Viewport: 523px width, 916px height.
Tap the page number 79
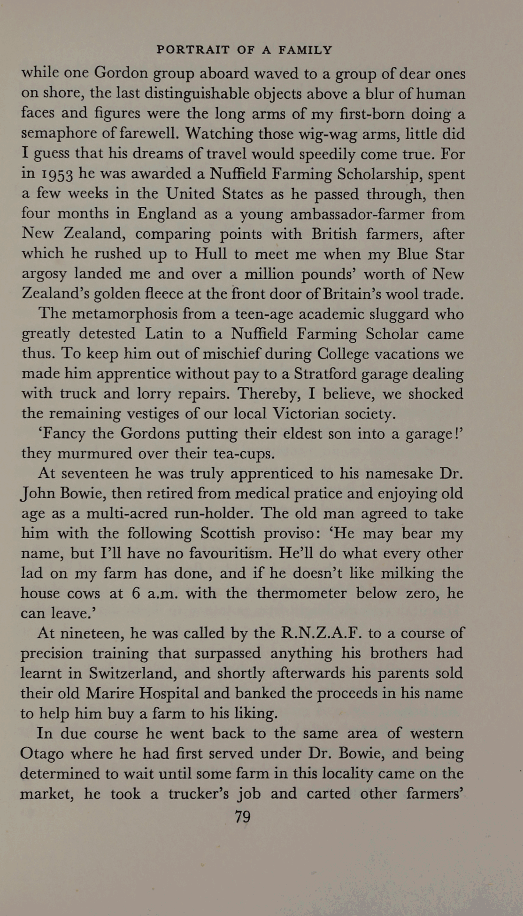pyautogui.click(x=243, y=817)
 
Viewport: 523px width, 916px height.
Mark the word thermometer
pyautogui.click(x=301, y=593)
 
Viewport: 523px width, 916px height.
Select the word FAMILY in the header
pyautogui.click(x=305, y=50)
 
